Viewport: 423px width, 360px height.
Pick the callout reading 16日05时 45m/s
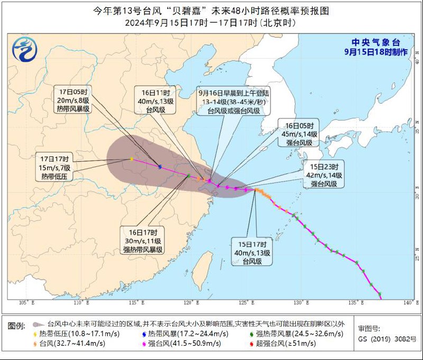click(x=299, y=134)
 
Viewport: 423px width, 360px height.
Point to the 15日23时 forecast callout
click(x=324, y=175)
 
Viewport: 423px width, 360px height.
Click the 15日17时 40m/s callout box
click(x=252, y=252)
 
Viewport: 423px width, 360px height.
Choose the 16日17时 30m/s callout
click(x=143, y=241)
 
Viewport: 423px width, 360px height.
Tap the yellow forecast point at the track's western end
click(x=131, y=159)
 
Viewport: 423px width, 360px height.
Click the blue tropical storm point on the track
click(x=160, y=167)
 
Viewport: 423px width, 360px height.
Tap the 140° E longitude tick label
click(x=408, y=303)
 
